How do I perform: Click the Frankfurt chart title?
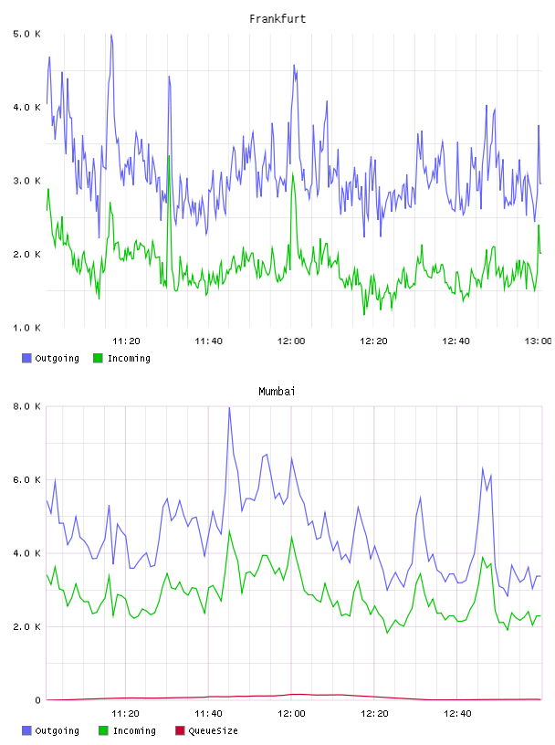point(277,19)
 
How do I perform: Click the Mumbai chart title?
point(277,392)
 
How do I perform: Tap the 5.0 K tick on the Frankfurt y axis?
point(27,34)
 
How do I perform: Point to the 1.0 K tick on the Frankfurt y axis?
point(27,328)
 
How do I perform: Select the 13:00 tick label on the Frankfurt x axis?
point(538,341)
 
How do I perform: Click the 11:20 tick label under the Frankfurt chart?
point(126,341)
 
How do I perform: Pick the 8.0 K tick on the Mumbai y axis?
point(27,406)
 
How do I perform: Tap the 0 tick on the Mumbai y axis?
point(37,700)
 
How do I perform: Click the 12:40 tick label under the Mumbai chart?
point(457,714)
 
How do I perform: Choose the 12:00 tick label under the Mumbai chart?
point(291,714)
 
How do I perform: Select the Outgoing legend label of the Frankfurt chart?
point(57,358)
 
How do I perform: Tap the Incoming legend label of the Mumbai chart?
point(134,730)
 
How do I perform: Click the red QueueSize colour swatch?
point(180,730)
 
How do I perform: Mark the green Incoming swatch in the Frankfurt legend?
point(98,358)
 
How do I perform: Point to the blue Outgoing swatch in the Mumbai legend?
point(26,730)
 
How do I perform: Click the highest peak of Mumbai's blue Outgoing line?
point(229,408)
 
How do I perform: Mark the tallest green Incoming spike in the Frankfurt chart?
point(169,155)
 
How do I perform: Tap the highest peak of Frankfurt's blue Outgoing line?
point(111,35)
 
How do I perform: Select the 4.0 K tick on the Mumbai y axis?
point(27,553)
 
